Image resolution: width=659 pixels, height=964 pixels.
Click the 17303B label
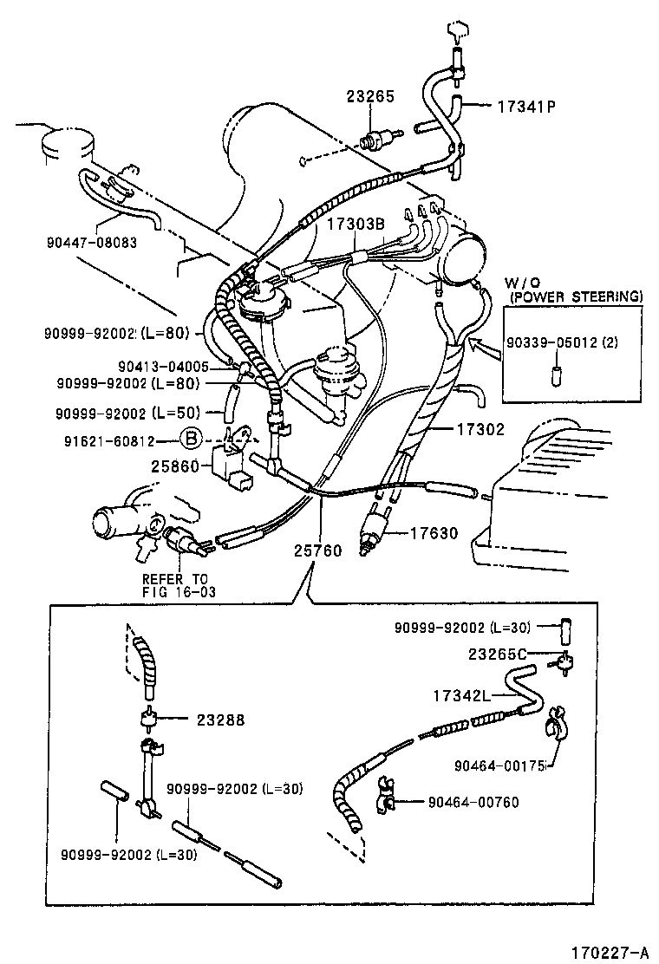(x=356, y=224)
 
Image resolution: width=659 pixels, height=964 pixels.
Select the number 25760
(x=316, y=550)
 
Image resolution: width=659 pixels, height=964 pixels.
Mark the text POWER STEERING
(x=577, y=296)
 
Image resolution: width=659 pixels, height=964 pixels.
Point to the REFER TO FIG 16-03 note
(x=177, y=586)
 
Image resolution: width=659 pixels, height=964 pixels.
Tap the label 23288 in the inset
(x=220, y=719)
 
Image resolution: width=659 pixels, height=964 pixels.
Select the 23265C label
(x=501, y=656)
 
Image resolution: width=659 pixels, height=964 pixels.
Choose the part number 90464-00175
(x=498, y=765)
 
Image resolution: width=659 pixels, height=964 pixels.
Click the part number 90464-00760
(x=473, y=802)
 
